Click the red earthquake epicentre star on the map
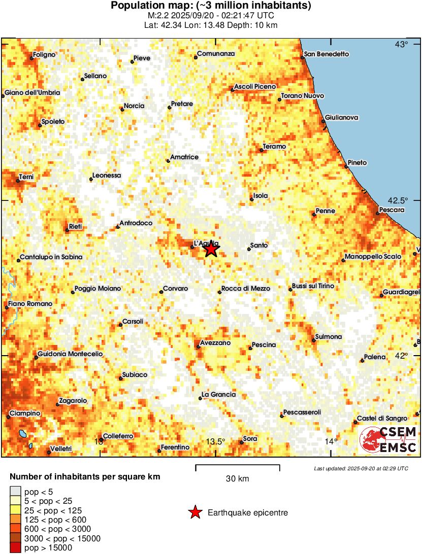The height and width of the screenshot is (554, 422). tap(211, 249)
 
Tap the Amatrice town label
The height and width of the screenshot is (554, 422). tap(184, 157)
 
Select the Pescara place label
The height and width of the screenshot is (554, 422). tap(392, 210)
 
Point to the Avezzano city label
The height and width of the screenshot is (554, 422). tap(215, 343)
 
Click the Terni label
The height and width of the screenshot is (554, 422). tap(26, 177)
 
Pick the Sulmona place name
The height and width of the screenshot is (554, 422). tap(329, 336)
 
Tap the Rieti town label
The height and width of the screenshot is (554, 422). tap(75, 226)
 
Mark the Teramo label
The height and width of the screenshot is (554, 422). tap(274, 147)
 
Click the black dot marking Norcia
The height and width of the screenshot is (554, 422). tap(122, 109)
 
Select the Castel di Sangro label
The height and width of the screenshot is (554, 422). tap(382, 419)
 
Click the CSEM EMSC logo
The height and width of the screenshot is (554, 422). tap(388, 439)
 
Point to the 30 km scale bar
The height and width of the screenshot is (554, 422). tap(238, 465)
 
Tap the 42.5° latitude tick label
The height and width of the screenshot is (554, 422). tap(401, 200)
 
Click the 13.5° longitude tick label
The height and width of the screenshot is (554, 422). tap(216, 441)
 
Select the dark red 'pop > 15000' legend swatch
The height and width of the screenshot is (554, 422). tap(15, 547)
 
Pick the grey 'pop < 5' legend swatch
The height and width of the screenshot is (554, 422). tap(15, 491)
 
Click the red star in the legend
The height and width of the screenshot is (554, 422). tap(194, 513)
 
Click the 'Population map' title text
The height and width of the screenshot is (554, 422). tap(211, 6)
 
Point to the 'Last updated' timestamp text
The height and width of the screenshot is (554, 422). tap(361, 468)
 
